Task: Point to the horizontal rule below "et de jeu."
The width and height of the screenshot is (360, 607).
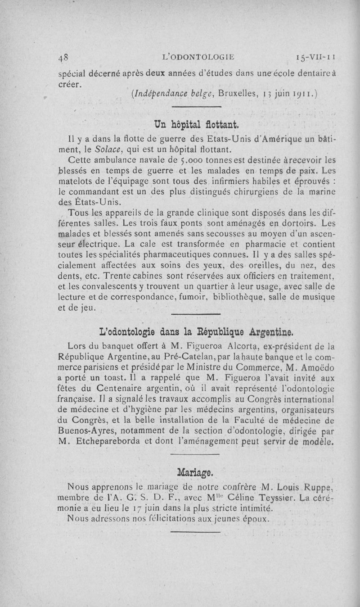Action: point(195,314)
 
